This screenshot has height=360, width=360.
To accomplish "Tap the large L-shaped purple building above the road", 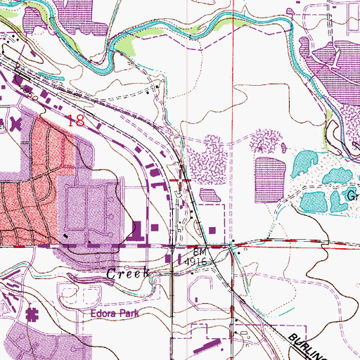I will pos(136,230).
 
